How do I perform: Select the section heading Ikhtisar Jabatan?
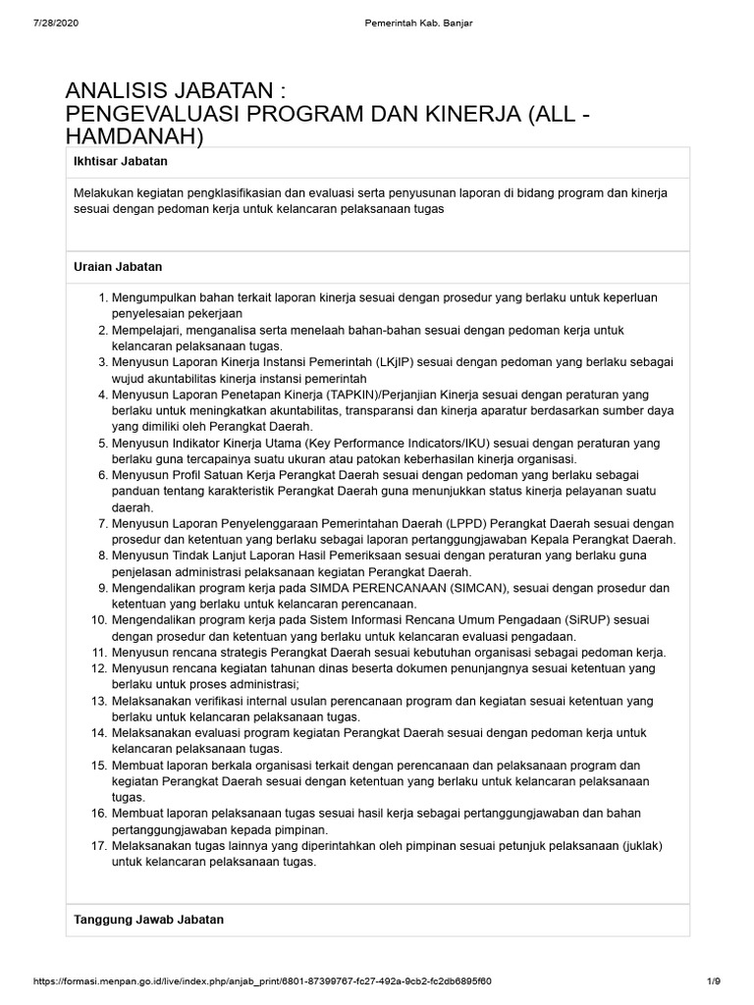point(121,160)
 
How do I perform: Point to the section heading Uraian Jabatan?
point(118,266)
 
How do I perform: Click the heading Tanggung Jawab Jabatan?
point(149,920)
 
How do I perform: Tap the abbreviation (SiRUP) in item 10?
point(576,620)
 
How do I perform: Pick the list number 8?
point(101,555)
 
